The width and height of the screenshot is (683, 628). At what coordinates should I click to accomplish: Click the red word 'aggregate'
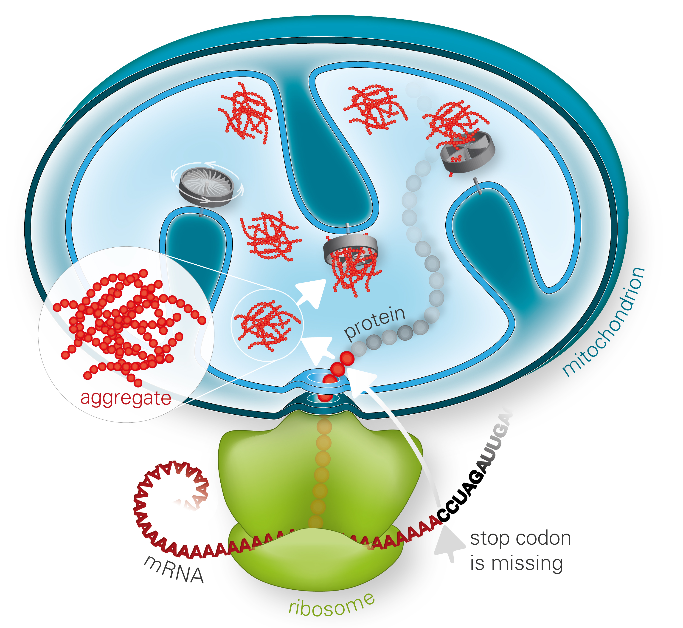(126, 398)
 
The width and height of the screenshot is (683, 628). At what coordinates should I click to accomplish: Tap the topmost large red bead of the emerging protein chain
(347, 358)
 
